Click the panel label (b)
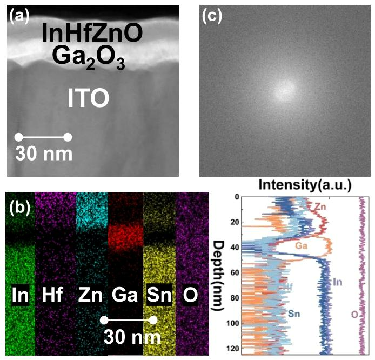point(20,208)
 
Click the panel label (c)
point(212,17)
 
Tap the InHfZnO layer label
point(92,34)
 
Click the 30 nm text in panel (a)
point(43,154)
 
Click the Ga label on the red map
point(124,296)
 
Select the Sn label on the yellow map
point(159,296)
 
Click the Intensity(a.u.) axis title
point(305,185)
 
